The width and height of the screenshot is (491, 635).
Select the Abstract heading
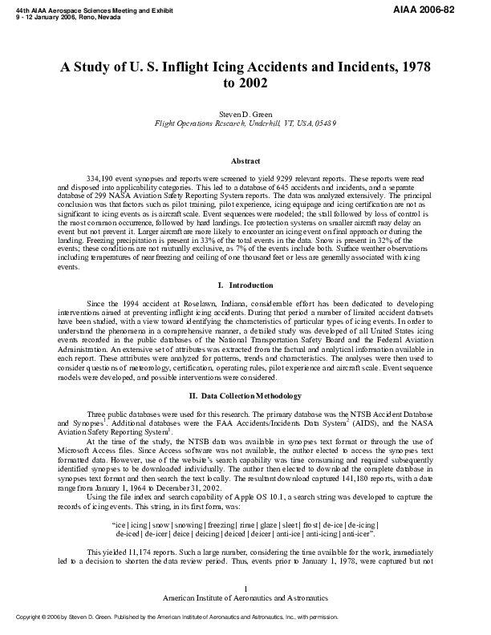click(245, 161)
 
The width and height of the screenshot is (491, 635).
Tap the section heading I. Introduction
click(245, 285)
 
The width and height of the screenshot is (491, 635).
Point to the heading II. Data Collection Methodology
click(245, 395)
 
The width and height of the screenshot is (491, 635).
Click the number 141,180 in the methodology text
click(365, 479)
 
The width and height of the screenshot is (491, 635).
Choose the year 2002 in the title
click(245, 83)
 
